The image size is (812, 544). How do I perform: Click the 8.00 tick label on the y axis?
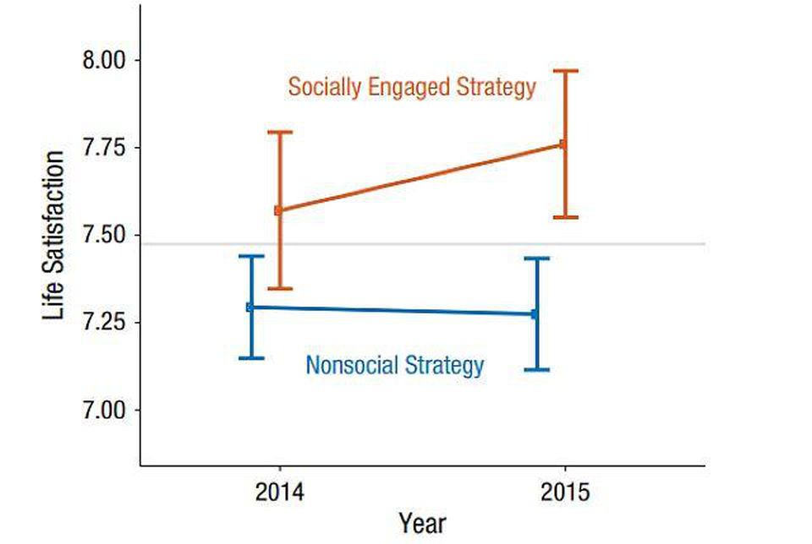[101, 61]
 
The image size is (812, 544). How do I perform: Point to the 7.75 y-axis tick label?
[101, 148]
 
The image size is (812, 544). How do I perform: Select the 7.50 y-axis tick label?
[101, 236]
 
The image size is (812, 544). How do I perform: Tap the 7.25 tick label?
[101, 323]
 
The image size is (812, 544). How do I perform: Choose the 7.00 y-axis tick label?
[101, 411]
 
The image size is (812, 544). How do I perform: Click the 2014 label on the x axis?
[279, 491]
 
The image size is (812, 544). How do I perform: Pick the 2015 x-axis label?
[564, 491]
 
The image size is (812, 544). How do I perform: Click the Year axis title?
[422, 522]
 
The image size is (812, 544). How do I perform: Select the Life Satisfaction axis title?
[54, 236]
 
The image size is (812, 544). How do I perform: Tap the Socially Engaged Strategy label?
[412, 87]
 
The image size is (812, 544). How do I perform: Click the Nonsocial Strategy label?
[395, 366]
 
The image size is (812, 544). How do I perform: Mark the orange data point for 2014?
[278, 210]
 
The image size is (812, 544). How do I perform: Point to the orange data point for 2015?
[564, 144]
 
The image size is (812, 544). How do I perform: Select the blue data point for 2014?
[250, 307]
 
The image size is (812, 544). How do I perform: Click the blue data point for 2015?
[535, 314]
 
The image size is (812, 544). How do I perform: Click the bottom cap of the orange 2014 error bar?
[279, 289]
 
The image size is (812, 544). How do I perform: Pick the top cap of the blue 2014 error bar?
[250, 256]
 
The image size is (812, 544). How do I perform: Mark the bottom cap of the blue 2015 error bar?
[536, 370]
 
